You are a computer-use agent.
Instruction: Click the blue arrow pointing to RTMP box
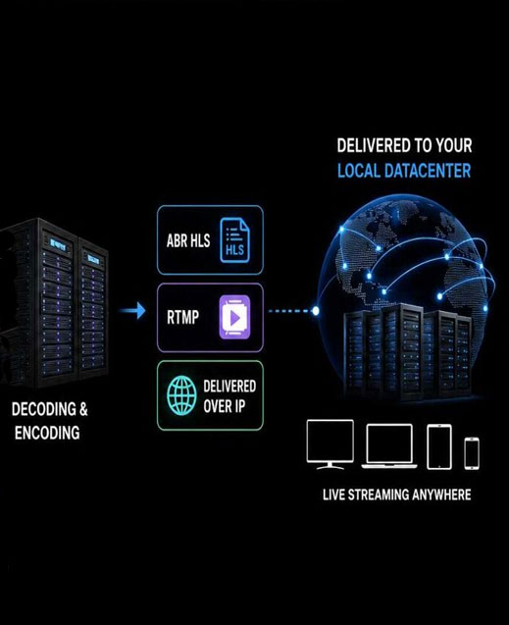(x=132, y=310)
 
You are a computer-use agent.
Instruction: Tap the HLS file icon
(x=235, y=240)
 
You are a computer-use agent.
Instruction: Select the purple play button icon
(x=235, y=317)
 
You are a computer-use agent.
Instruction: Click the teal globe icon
(x=181, y=395)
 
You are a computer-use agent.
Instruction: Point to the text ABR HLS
(x=188, y=240)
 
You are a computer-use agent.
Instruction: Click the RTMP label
(x=182, y=317)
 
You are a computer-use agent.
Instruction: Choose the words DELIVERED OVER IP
(x=229, y=396)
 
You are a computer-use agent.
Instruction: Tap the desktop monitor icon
(x=331, y=444)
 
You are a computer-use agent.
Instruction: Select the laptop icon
(x=389, y=445)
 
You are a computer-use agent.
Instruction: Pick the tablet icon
(x=439, y=446)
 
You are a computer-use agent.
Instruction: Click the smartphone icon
(x=472, y=453)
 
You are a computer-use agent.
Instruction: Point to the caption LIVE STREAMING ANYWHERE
(x=396, y=495)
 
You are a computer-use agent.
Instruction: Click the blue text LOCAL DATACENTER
(x=404, y=171)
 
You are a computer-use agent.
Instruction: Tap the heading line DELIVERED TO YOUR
(x=404, y=145)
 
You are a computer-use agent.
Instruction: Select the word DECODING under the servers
(x=43, y=409)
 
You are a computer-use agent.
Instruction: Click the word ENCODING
(x=47, y=433)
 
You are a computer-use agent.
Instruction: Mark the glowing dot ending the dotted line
(x=316, y=311)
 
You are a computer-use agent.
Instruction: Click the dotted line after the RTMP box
(x=290, y=311)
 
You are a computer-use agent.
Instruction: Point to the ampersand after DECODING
(x=83, y=409)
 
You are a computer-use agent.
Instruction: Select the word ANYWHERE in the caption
(x=441, y=495)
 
